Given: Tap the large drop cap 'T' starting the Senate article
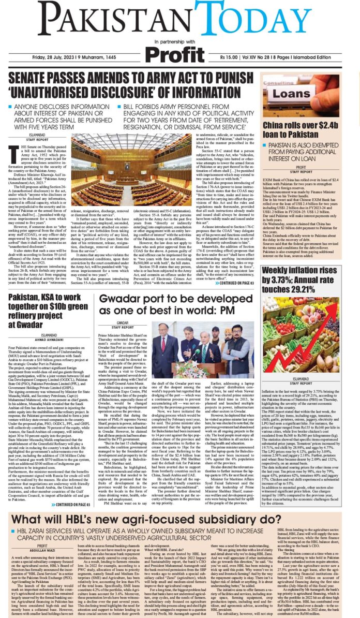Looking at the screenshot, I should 13,153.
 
